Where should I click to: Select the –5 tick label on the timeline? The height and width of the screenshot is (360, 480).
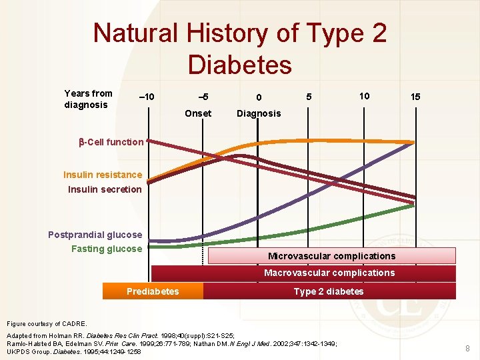[198, 97]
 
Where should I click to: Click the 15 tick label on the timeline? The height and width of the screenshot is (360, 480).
[415, 97]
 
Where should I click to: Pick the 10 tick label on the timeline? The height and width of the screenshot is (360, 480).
[364, 96]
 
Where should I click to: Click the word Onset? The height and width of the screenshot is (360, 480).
[198, 113]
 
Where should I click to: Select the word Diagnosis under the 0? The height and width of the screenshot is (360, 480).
[259, 113]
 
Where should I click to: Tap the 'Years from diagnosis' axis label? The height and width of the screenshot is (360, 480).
[88, 99]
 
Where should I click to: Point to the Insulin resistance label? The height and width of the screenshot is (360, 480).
[103, 175]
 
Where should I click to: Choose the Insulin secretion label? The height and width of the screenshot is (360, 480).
[105, 189]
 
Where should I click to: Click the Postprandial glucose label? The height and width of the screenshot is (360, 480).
[95, 235]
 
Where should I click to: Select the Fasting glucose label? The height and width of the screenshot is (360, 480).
[107, 249]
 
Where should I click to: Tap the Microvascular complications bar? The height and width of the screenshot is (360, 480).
[331, 256]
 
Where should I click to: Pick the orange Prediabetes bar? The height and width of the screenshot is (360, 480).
[153, 291]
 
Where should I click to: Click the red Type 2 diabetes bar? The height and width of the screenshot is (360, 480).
[329, 291]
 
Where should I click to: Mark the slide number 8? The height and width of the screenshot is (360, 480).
[467, 348]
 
